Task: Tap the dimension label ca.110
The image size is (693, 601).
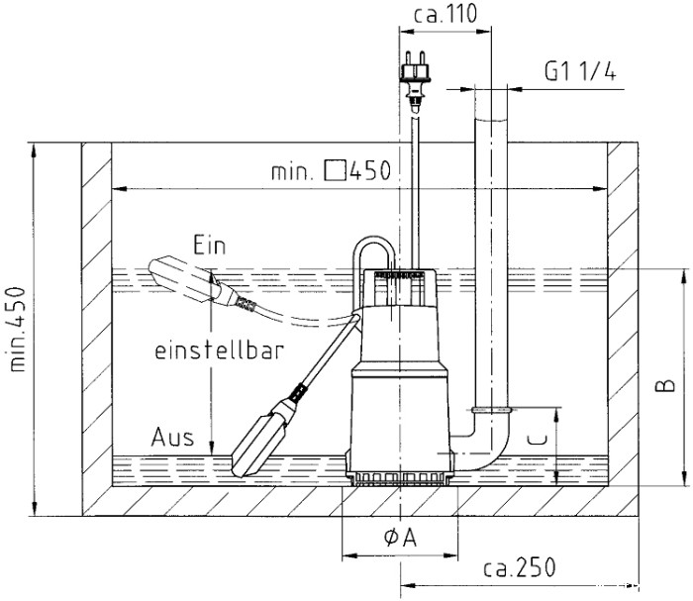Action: coord(445,14)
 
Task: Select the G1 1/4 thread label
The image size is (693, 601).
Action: coord(580,71)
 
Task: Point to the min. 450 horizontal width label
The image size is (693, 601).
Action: coord(332,170)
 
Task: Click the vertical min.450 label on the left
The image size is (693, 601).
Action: coord(17,330)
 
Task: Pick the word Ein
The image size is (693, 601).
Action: coord(210,246)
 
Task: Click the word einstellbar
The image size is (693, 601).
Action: coord(219,351)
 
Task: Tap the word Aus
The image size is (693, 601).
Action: coord(172,438)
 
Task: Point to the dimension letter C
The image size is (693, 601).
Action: coord(538,440)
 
